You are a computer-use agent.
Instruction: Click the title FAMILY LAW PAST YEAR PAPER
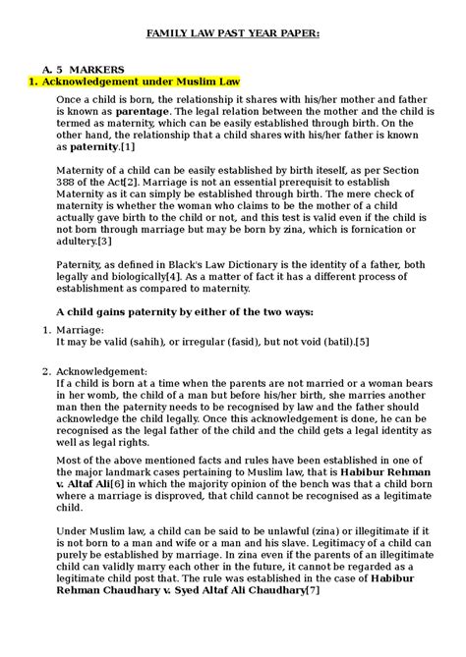233,32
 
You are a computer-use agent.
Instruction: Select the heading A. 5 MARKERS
84,70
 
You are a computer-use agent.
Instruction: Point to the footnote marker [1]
127,146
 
